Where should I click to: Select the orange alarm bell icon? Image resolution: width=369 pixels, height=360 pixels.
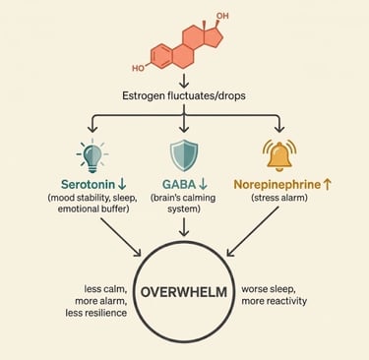[x=279, y=155]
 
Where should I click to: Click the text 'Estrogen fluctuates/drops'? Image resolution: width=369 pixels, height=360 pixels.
[x=185, y=98]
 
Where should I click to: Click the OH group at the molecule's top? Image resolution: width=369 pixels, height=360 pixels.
[x=221, y=17]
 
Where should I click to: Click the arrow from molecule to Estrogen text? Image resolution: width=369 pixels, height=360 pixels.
[x=184, y=82]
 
